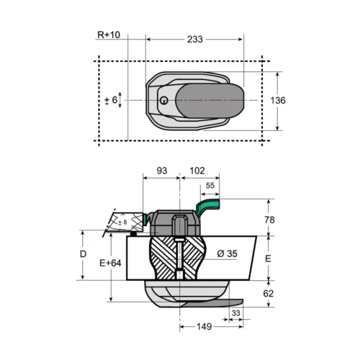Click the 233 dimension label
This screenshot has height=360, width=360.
tap(195, 40)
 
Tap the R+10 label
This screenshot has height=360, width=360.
tap(109, 35)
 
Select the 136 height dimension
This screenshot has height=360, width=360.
tap(278, 101)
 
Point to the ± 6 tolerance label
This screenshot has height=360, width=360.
tap(111, 100)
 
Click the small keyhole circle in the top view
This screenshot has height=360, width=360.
tap(164, 100)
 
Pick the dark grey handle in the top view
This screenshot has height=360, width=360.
tap(210, 101)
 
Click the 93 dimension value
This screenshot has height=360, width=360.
tap(162, 171)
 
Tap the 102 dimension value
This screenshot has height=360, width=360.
tap(197, 171)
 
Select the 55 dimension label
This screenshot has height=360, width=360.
tap(210, 186)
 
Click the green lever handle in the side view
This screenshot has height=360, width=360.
tap(208, 204)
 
